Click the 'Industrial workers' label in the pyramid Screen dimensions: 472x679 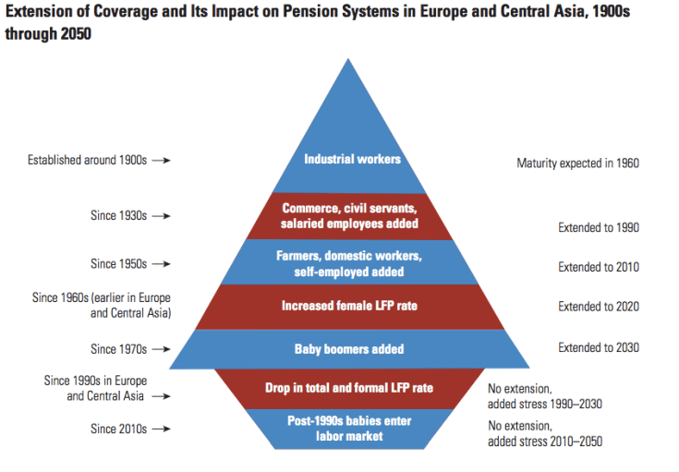(352, 159)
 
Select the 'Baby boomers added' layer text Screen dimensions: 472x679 (349, 349)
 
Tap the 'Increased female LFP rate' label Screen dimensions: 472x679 (350, 306)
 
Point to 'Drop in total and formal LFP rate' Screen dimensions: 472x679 (350, 387)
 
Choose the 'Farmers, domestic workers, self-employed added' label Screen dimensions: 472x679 (349, 263)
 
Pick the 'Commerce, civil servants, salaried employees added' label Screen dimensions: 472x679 (350, 216)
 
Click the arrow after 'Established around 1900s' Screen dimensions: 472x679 (161, 160)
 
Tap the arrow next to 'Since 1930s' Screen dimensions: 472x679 (161, 215)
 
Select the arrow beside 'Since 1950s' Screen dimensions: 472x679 (161, 264)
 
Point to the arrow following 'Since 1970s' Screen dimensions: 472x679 (161, 349)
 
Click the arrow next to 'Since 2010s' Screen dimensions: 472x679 (161, 429)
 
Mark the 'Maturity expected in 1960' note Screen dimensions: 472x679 (577, 163)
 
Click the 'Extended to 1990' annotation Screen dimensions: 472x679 (598, 227)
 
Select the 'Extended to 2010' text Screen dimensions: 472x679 (598, 267)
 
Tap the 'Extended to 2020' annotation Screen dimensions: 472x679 (598, 307)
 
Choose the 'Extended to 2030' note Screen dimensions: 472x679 (598, 347)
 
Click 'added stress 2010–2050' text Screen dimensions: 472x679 (544, 442)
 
